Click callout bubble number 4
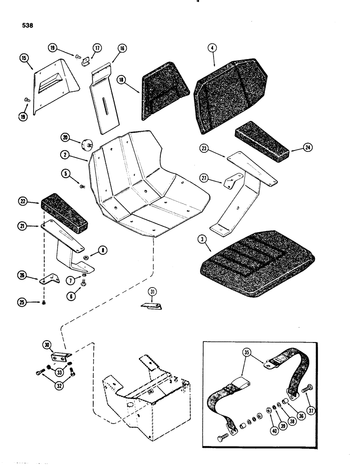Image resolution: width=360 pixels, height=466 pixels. point(212,48)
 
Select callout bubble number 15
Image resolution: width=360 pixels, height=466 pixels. point(24,59)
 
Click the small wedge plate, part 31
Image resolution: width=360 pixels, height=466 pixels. point(152,307)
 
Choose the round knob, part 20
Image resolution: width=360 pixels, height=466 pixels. point(86,145)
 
